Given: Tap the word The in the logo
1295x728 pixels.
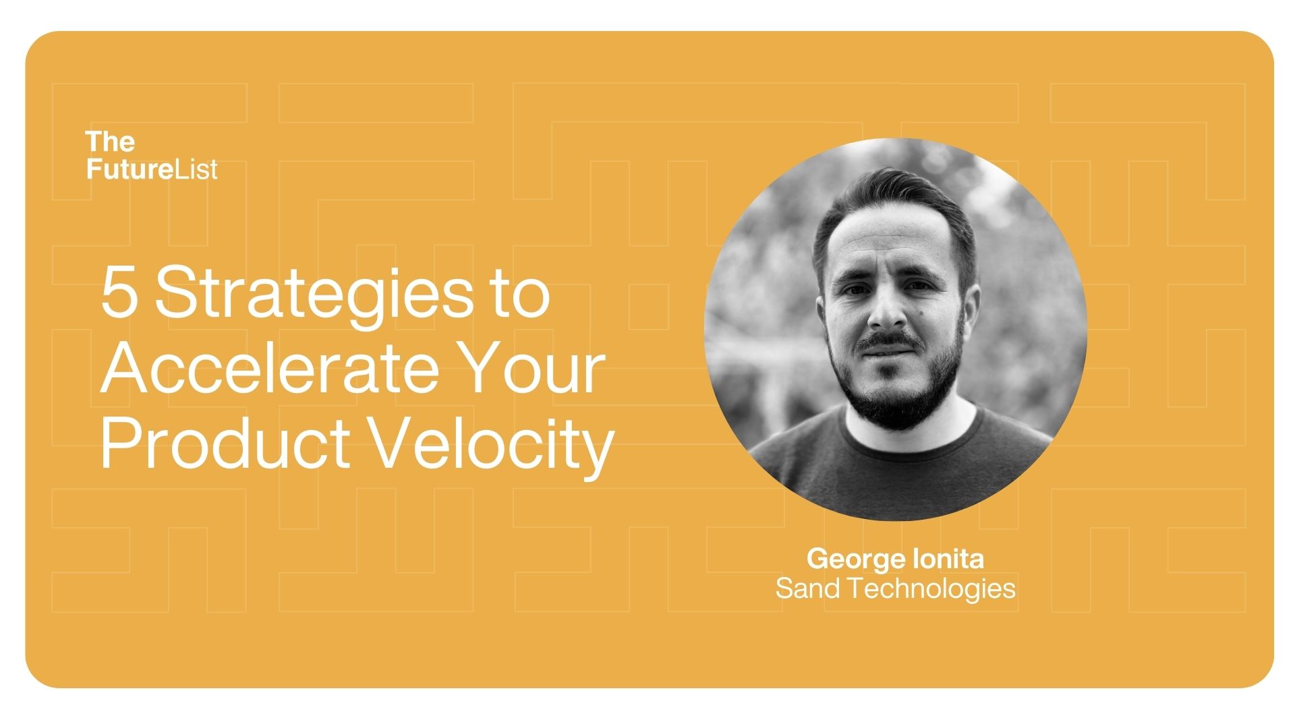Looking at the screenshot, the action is [x=110, y=142].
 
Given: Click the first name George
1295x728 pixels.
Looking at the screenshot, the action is [x=856, y=559].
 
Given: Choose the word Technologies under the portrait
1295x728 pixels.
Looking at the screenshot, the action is [x=931, y=589].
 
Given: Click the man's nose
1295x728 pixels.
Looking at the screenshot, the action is [x=886, y=310].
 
